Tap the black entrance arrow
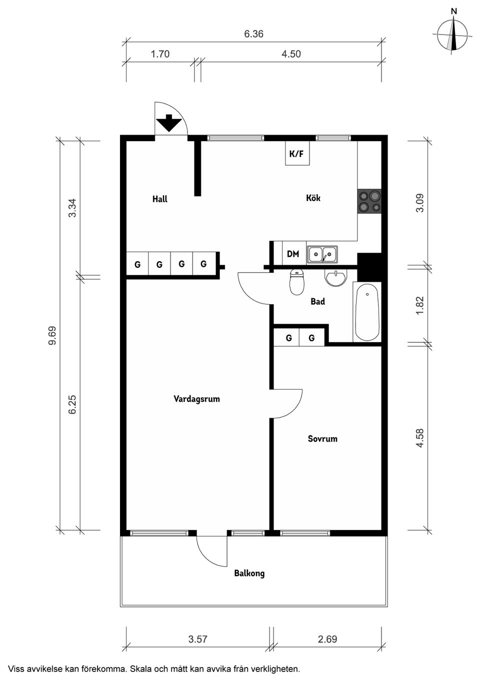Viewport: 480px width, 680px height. click(x=169, y=123)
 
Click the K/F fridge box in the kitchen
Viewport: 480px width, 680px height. click(x=296, y=154)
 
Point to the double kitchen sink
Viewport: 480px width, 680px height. click(x=322, y=254)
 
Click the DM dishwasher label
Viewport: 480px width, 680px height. click(x=293, y=254)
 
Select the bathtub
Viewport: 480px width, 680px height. click(x=367, y=312)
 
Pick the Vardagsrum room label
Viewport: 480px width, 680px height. click(x=196, y=399)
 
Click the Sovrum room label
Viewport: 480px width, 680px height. click(x=322, y=439)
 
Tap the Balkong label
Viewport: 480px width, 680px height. click(x=249, y=573)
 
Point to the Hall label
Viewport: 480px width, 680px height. click(x=160, y=199)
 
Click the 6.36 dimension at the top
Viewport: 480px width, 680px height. click(x=253, y=34)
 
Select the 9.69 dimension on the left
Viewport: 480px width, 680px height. click(x=52, y=335)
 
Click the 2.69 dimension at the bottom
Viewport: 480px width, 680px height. click(x=327, y=639)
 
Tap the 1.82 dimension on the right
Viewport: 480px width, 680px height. click(x=419, y=305)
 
